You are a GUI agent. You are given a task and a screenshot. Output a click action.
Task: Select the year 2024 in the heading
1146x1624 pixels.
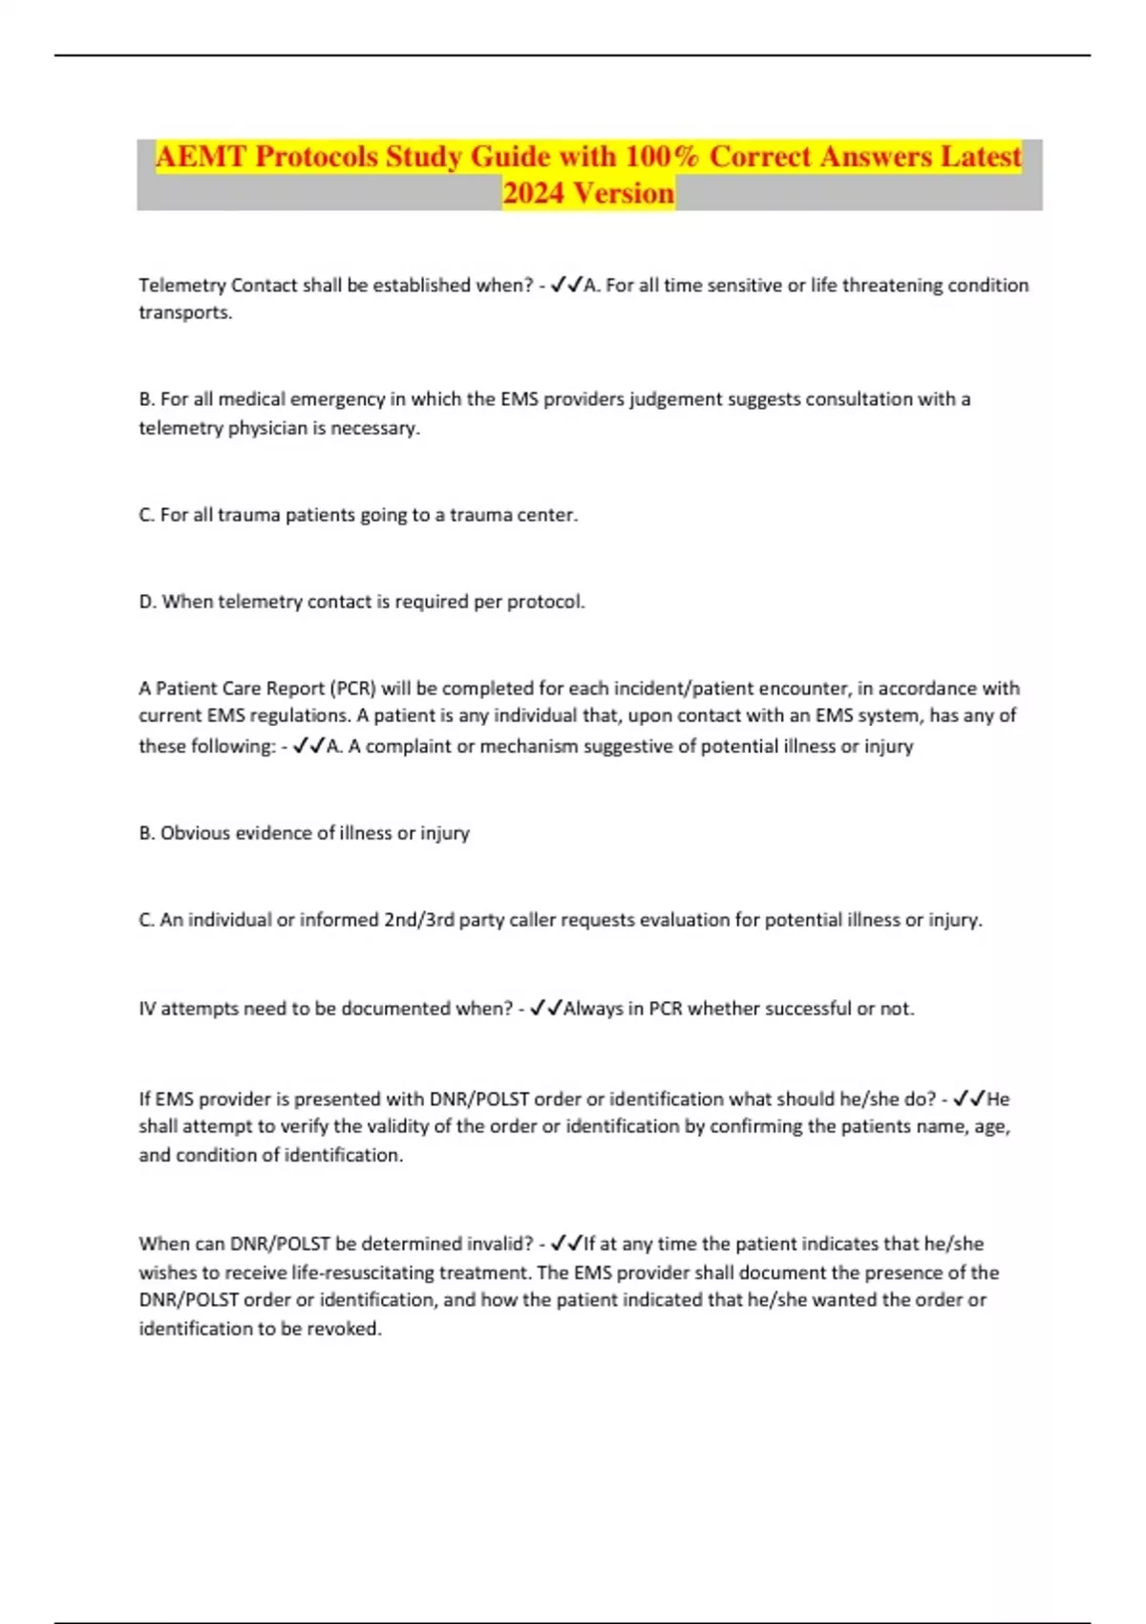(x=534, y=194)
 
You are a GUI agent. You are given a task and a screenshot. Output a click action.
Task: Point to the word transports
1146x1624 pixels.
(x=185, y=313)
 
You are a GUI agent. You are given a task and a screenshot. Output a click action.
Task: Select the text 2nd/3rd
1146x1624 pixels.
(x=418, y=920)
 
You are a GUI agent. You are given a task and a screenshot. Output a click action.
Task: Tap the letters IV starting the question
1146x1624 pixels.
(x=147, y=1009)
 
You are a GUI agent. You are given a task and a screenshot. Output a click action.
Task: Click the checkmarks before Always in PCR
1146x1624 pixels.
(x=545, y=1008)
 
